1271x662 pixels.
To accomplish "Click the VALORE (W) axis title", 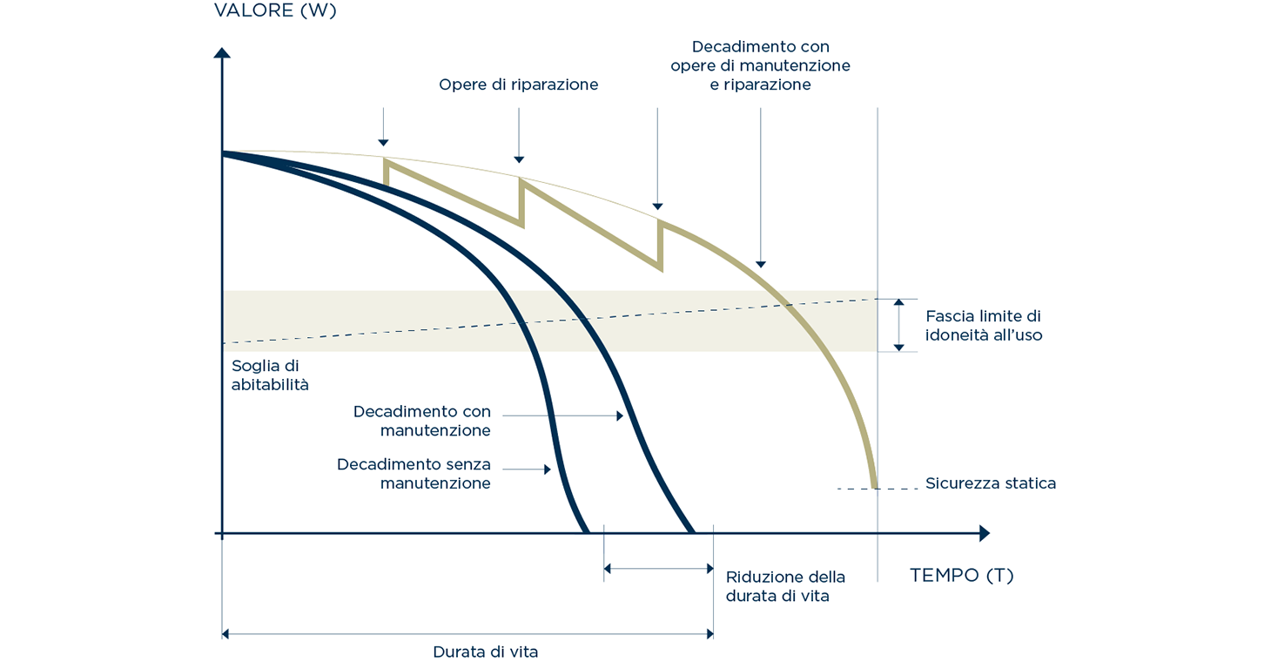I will [x=274, y=12].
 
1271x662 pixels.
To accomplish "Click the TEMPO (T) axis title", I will [x=961, y=576].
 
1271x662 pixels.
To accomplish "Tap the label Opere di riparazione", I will [x=518, y=84].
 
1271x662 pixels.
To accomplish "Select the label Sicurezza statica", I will [x=990, y=483].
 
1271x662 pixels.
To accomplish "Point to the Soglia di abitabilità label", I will [x=270, y=375].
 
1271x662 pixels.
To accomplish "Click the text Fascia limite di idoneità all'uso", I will [x=983, y=326].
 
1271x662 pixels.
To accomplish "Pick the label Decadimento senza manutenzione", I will [x=414, y=474].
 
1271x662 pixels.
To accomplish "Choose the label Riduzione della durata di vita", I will [x=784, y=586].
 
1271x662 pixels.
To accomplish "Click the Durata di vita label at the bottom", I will [x=485, y=652].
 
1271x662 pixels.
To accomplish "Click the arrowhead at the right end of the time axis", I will [x=985, y=533].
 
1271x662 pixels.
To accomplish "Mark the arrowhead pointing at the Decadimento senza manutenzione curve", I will [x=548, y=469].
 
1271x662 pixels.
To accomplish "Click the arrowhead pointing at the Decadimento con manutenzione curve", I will [x=620, y=416].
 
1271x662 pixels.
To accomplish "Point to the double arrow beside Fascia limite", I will [x=898, y=324].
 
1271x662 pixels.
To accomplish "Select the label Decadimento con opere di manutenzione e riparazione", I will [x=760, y=65].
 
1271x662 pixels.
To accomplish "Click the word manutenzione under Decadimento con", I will [x=435, y=430].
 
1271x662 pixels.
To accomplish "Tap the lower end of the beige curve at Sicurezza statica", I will [x=872, y=486].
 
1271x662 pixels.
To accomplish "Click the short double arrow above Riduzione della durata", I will [x=658, y=569].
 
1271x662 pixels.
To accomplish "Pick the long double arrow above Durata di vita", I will [x=467, y=635].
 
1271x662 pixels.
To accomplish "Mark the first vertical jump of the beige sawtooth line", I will [x=386, y=172].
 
